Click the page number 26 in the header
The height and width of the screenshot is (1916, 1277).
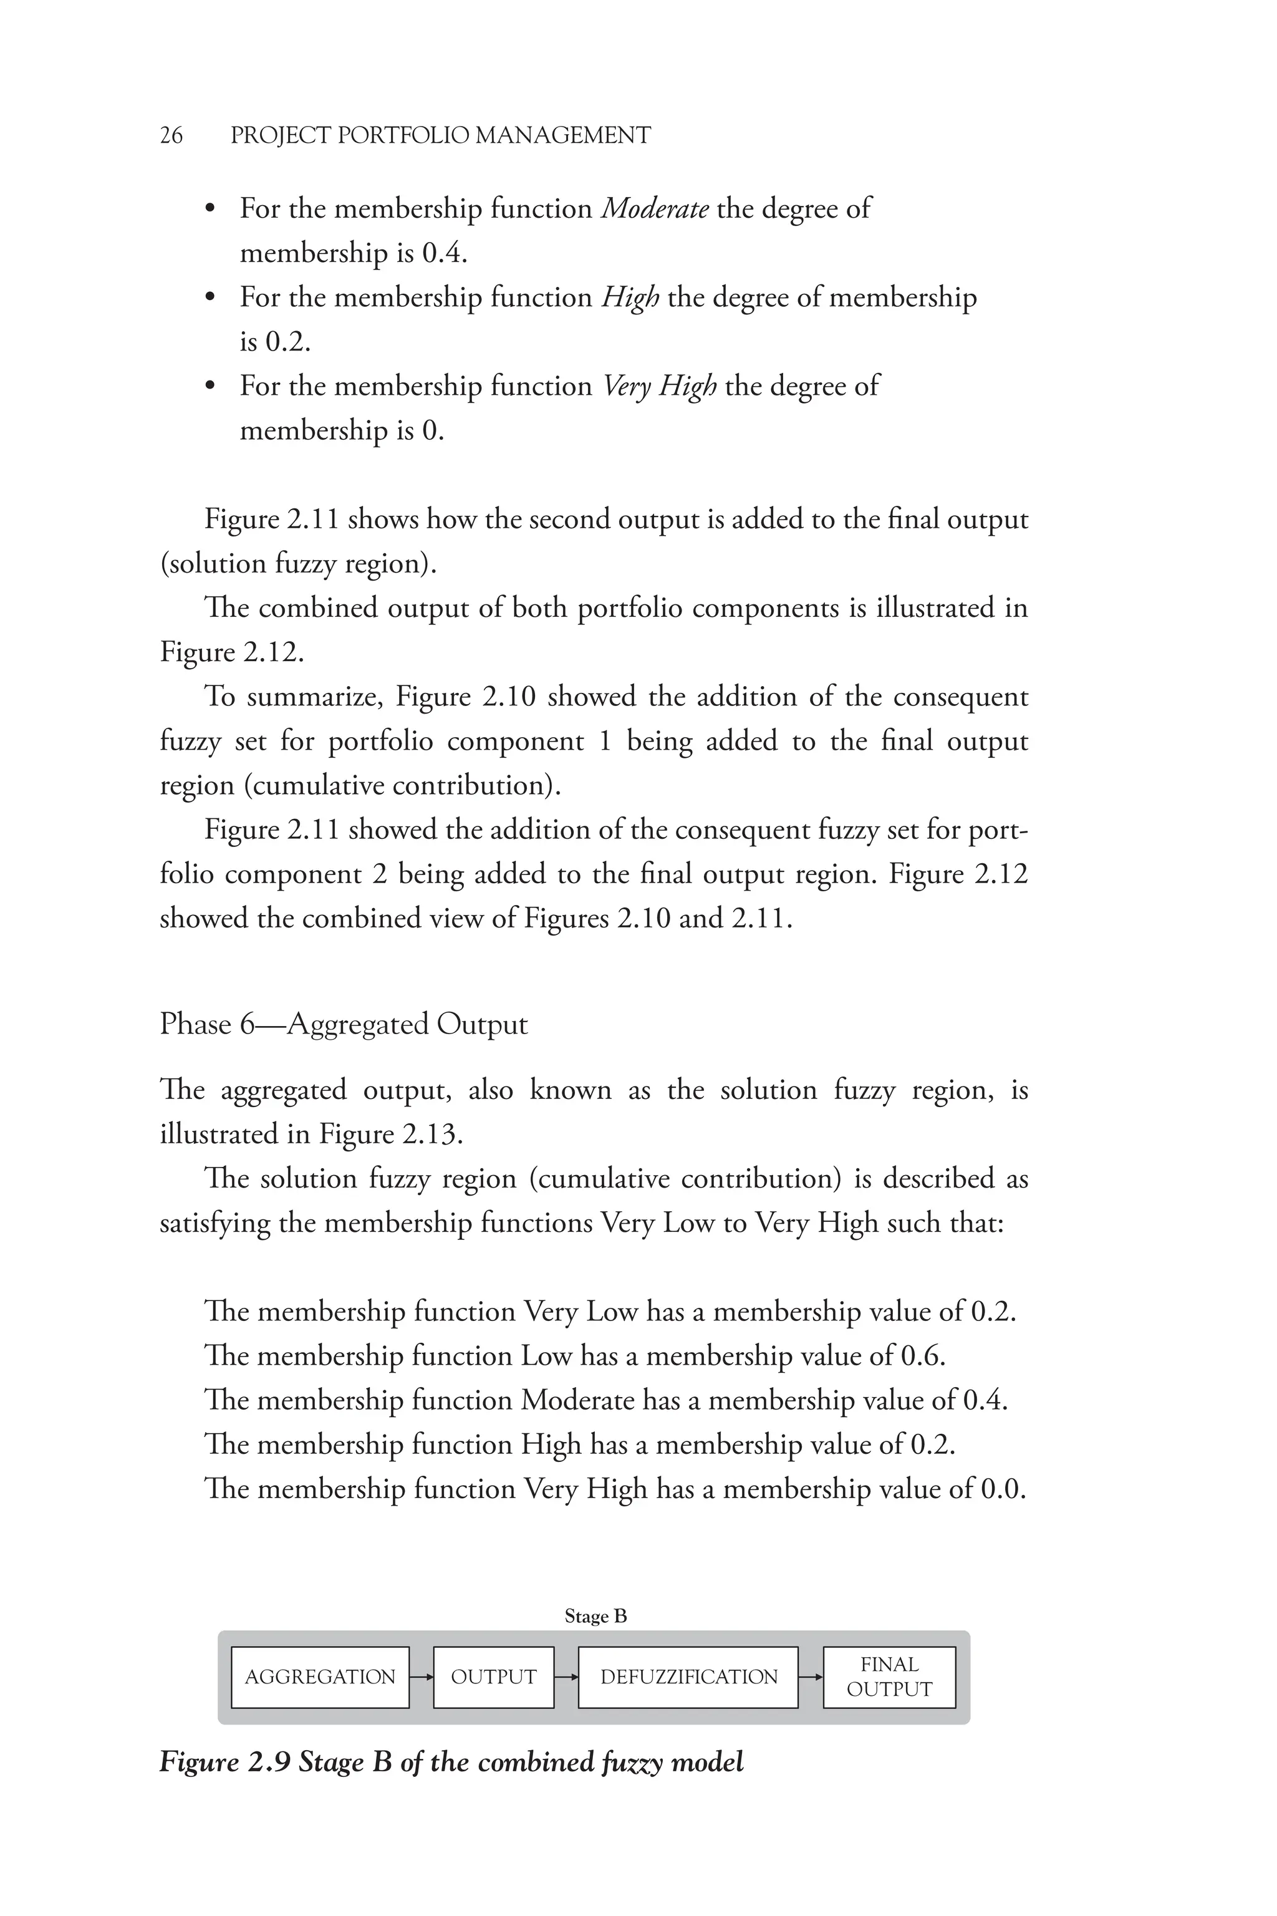pyautogui.click(x=171, y=135)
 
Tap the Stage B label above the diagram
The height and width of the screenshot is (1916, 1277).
pyautogui.click(x=595, y=1616)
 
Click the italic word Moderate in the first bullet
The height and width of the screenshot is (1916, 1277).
pyautogui.click(x=655, y=210)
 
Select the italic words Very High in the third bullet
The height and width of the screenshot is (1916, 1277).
pyautogui.click(x=659, y=386)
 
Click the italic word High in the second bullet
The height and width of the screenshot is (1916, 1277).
pyautogui.click(x=630, y=298)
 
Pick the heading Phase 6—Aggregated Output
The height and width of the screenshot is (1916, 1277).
pyautogui.click(x=343, y=1024)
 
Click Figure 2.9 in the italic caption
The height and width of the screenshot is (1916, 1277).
pyautogui.click(x=224, y=1762)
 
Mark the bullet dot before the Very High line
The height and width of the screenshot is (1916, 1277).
pyautogui.click(x=210, y=386)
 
